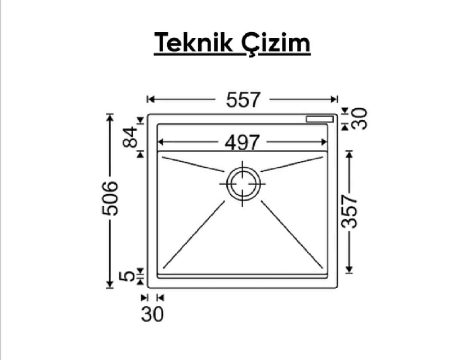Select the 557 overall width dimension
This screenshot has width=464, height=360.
pos(243,100)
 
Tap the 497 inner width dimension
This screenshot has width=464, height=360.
pos(242,142)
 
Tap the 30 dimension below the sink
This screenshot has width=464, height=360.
pos(152,314)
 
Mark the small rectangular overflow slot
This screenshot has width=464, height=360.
pos(320,119)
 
